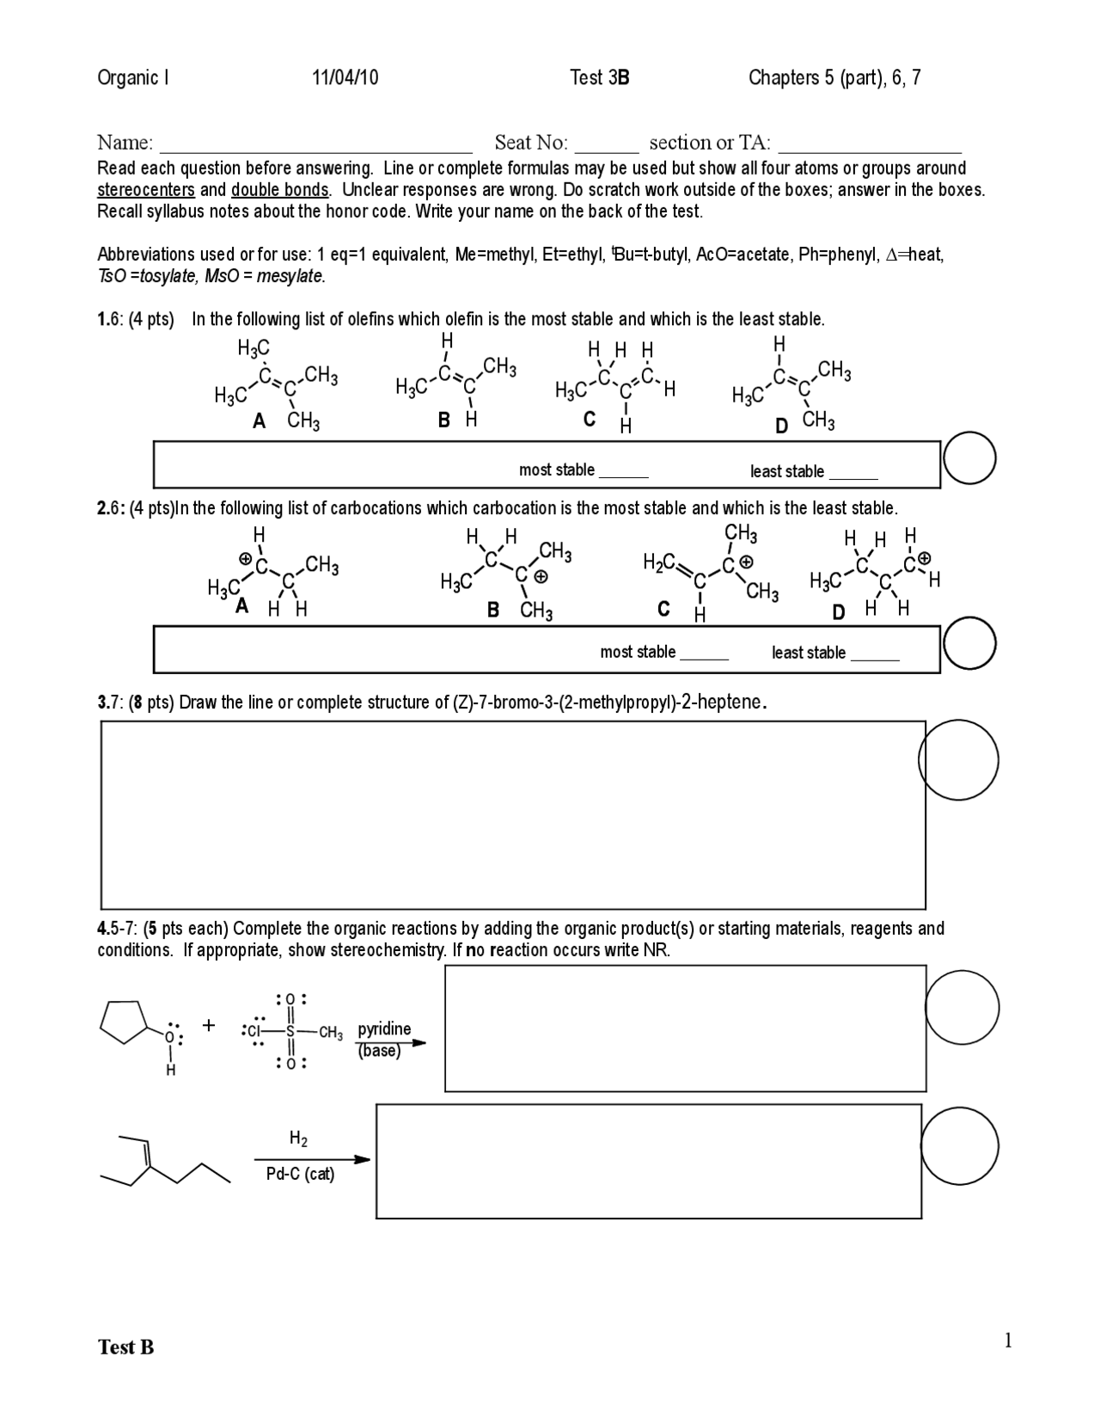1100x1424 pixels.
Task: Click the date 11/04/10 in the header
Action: click(345, 78)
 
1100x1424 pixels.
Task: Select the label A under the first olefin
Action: click(259, 421)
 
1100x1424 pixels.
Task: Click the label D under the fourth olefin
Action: click(781, 426)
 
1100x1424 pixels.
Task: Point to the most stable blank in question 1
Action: click(623, 473)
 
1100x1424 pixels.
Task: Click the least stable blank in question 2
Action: click(874, 656)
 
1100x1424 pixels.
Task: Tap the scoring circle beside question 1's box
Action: click(969, 459)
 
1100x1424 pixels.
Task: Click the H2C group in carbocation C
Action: click(658, 563)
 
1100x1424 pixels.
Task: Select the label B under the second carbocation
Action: click(493, 610)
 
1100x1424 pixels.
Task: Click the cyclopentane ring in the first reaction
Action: click(125, 1021)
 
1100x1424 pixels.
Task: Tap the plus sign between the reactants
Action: click(209, 1025)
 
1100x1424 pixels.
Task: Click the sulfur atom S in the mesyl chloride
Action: click(290, 1031)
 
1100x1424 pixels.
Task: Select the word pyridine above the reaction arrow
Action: click(384, 1029)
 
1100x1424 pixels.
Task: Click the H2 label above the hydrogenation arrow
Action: click(298, 1139)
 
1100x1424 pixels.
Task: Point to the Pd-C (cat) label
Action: click(300, 1174)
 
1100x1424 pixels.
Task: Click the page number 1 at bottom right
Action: click(1008, 1341)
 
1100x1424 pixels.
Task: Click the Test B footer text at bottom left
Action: click(126, 1347)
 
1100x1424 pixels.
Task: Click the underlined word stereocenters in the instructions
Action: click(145, 190)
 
